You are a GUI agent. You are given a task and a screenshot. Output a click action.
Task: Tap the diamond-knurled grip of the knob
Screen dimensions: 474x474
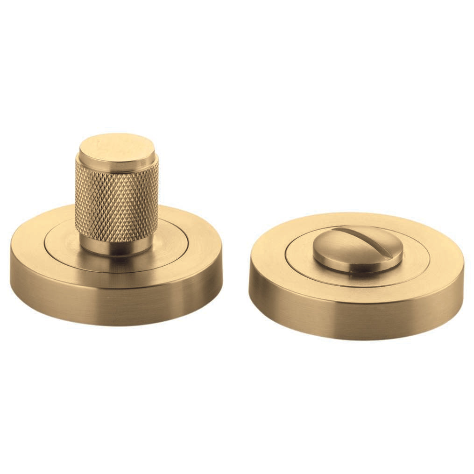117,201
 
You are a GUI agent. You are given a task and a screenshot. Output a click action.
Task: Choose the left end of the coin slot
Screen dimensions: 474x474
337,229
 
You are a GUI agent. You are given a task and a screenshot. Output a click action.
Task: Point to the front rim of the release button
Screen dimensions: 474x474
355,269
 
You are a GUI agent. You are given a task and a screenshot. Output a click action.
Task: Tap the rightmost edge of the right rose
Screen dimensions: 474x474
463,280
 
